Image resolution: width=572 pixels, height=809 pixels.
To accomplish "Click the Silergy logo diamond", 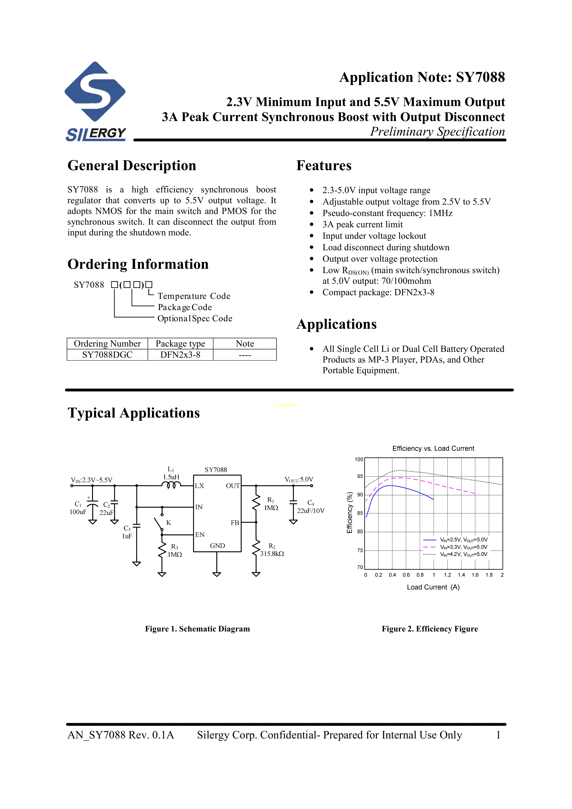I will [95, 92].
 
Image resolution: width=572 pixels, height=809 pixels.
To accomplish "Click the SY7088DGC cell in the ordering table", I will [107, 355].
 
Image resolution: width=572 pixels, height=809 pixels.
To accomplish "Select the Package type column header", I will [180, 344].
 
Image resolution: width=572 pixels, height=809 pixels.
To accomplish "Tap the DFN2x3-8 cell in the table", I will [180, 355].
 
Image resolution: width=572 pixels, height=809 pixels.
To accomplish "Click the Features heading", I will [324, 166].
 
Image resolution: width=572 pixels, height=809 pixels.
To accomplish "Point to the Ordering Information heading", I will [138, 264].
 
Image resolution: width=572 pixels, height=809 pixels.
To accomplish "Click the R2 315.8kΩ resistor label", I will [272, 550].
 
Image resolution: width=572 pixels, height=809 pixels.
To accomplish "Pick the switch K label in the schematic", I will [168, 522].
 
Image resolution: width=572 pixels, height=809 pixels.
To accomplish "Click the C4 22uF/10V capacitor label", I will [310, 507].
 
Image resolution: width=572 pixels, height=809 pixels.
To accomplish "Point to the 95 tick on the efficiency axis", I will [360, 476].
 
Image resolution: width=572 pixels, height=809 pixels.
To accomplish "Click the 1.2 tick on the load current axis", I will [447, 575].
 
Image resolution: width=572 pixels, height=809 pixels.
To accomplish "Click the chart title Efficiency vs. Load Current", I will [433, 449].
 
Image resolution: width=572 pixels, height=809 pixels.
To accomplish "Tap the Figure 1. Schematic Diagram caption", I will [197, 629].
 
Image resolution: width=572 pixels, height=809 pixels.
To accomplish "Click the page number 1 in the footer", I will [498, 735].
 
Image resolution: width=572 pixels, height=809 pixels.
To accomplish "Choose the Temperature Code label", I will [194, 296].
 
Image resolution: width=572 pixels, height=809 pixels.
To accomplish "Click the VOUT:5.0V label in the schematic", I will [299, 480].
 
